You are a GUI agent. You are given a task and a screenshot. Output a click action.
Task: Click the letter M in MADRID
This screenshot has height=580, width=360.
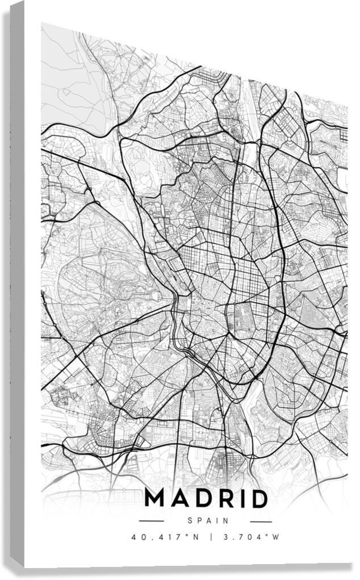[x=157, y=499]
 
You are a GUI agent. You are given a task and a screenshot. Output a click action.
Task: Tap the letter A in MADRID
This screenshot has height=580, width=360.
[x=179, y=499]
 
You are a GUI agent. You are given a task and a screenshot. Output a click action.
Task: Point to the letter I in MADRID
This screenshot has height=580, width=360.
[x=241, y=499]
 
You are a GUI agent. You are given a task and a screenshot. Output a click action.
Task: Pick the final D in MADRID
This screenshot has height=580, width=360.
[x=258, y=499]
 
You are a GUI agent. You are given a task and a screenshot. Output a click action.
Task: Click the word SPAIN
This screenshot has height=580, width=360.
[x=207, y=520]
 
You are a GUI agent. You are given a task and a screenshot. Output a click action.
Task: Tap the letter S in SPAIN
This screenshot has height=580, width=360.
[x=190, y=520]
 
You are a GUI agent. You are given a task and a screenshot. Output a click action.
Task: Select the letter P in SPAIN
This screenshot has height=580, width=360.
[x=199, y=520]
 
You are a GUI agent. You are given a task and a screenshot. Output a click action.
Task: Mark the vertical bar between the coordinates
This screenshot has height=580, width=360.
[x=210, y=537]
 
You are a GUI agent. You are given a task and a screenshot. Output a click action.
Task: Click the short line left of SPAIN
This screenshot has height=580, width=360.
[x=151, y=521]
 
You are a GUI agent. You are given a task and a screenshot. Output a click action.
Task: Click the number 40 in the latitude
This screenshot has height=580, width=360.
[x=137, y=537]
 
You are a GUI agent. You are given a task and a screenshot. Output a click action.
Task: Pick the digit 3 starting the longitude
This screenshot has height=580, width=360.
[x=226, y=537]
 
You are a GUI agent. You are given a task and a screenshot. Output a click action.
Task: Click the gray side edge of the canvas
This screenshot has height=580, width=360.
[x=17, y=284]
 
